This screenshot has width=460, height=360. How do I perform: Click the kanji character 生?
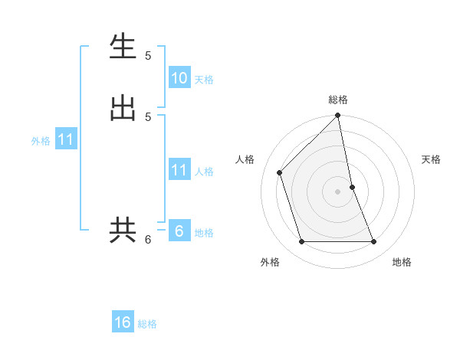(x=123, y=47)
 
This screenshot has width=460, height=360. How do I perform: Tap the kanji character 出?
(x=123, y=108)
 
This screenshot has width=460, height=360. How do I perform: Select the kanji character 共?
(x=123, y=230)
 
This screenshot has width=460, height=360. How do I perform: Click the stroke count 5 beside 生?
(x=148, y=56)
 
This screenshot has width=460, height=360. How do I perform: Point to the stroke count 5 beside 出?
(x=148, y=116)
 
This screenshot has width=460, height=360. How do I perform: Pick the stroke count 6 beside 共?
(x=148, y=240)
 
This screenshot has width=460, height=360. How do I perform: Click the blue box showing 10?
(x=179, y=78)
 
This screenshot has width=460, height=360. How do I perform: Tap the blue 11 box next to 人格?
(x=179, y=170)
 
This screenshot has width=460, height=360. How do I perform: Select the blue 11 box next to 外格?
(x=66, y=140)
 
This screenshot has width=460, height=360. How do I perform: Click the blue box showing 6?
(x=179, y=231)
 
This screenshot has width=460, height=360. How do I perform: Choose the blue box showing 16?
(x=123, y=323)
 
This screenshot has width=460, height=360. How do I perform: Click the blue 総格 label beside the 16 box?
(x=147, y=325)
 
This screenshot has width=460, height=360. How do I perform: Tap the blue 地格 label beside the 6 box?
(x=204, y=233)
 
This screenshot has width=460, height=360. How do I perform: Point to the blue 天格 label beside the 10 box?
(x=204, y=80)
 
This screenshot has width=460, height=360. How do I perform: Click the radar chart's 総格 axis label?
(x=338, y=100)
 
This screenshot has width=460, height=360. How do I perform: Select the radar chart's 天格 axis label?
(x=431, y=159)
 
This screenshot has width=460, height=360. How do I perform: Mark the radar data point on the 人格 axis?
(x=280, y=172)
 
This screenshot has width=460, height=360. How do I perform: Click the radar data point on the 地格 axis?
(x=374, y=242)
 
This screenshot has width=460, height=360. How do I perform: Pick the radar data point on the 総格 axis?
(x=338, y=116)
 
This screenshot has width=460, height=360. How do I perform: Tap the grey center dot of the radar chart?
(x=338, y=191)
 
